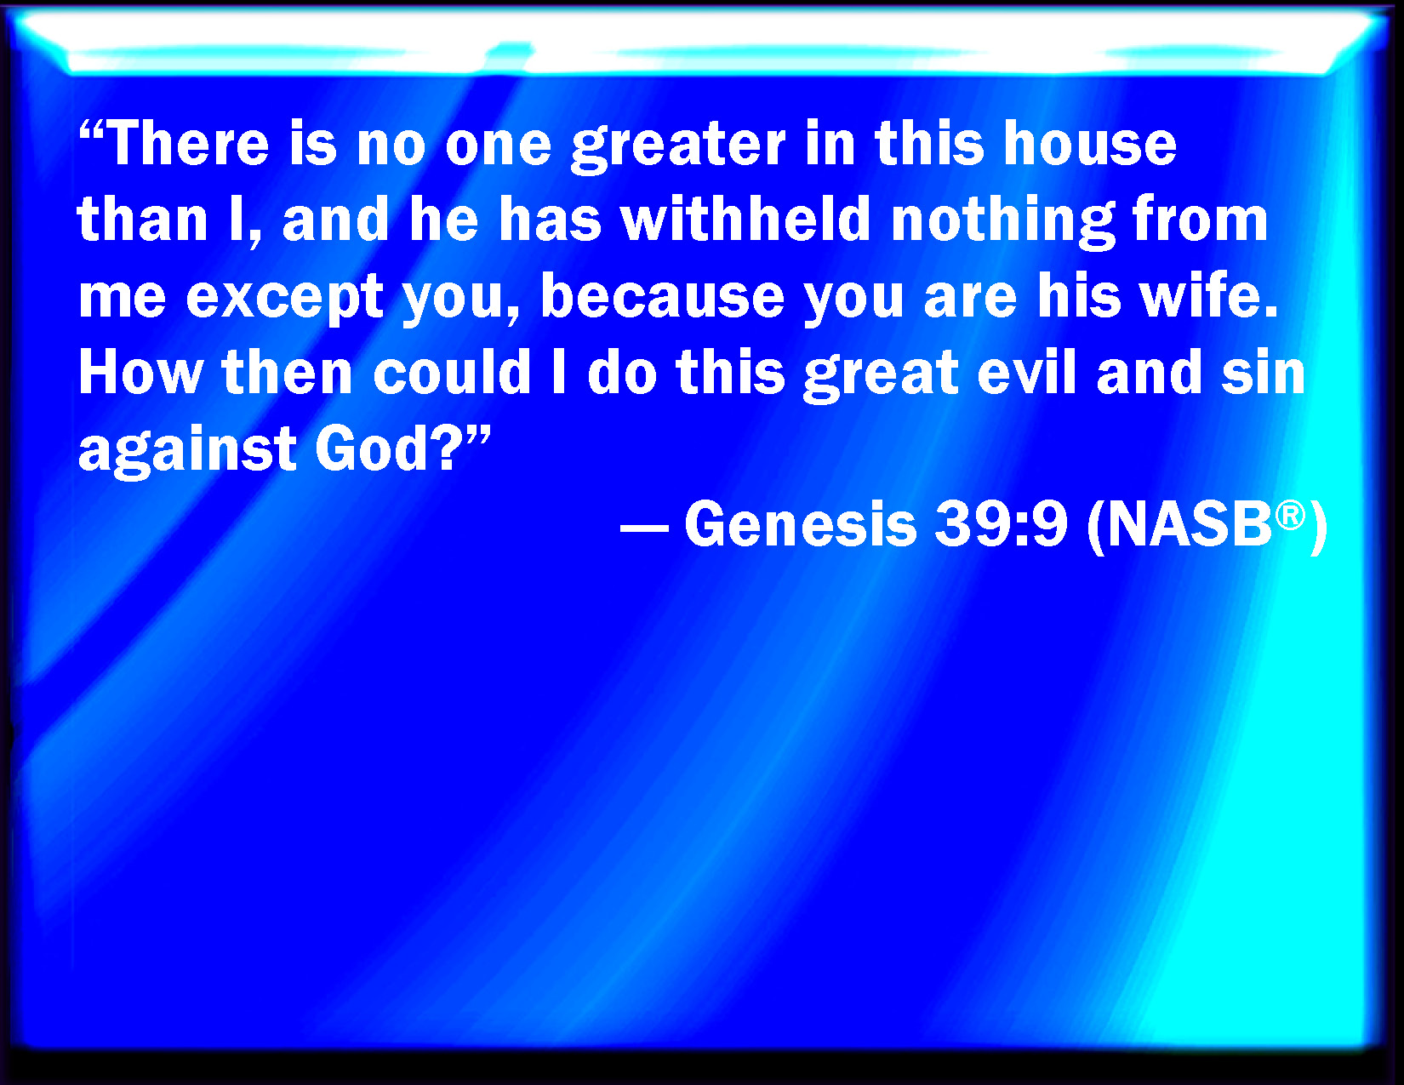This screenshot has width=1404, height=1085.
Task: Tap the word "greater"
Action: pos(678,149)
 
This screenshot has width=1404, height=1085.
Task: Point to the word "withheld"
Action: pos(746,219)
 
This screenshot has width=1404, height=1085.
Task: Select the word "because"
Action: pos(662,295)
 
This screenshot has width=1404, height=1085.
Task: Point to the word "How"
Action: pos(141,372)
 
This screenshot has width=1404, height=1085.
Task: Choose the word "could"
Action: pos(452,372)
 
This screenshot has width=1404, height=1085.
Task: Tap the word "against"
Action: pos(187,453)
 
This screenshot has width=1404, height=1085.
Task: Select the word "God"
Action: pos(372,448)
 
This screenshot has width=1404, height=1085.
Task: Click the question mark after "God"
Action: pos(445,448)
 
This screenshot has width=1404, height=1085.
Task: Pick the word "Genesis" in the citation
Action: pos(801,524)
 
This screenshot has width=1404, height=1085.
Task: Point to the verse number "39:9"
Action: pos(1001,524)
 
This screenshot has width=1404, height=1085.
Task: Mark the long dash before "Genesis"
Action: pos(644,528)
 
